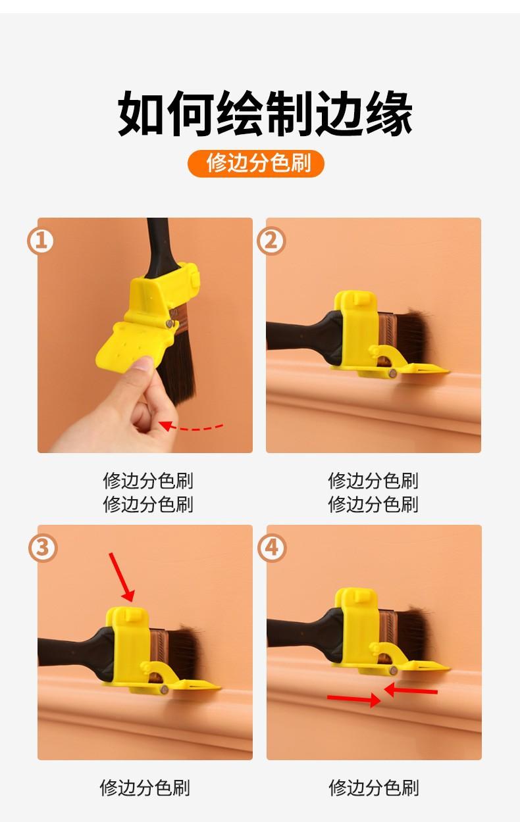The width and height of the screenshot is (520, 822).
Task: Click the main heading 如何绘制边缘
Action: click(x=265, y=113)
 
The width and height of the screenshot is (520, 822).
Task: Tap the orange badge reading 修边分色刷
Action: click(x=256, y=163)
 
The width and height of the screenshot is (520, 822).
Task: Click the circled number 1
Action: click(x=40, y=241)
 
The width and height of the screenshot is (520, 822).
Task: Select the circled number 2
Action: click(x=271, y=241)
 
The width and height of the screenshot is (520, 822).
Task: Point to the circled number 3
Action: click(x=43, y=548)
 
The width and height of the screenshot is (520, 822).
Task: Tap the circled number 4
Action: click(x=272, y=548)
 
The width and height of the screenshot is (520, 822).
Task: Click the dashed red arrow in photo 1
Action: click(x=191, y=427)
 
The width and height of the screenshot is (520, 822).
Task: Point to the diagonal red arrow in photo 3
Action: click(x=122, y=577)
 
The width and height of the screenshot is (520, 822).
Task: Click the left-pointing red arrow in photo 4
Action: click(x=411, y=690)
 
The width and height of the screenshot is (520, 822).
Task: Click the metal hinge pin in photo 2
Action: click(x=392, y=374)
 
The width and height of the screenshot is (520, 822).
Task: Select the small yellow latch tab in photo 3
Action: click(x=131, y=614)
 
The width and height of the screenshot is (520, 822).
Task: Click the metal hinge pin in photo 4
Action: click(x=394, y=671)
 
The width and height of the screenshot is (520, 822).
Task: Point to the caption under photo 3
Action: click(x=145, y=787)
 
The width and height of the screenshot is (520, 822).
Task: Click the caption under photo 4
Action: click(x=373, y=787)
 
